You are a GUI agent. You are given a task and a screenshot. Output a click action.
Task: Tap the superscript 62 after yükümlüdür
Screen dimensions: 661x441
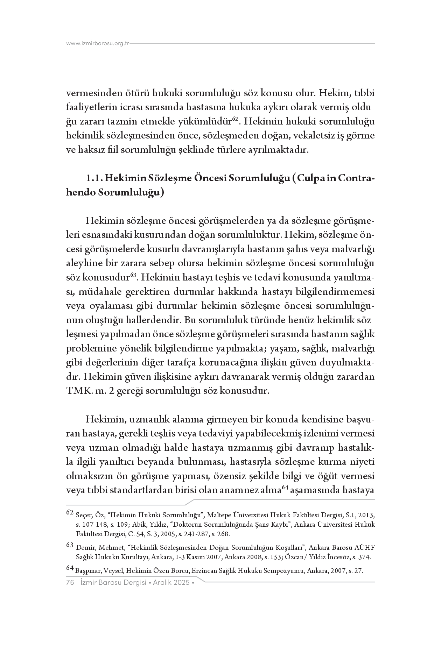[x=235, y=119]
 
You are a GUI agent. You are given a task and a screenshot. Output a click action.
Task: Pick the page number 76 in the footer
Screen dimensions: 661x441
[x=70, y=583]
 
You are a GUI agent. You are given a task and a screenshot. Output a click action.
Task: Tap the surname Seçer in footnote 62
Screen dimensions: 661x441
[x=83, y=516]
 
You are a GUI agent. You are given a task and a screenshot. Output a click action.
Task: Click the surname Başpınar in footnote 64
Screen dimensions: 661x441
[x=88, y=571]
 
